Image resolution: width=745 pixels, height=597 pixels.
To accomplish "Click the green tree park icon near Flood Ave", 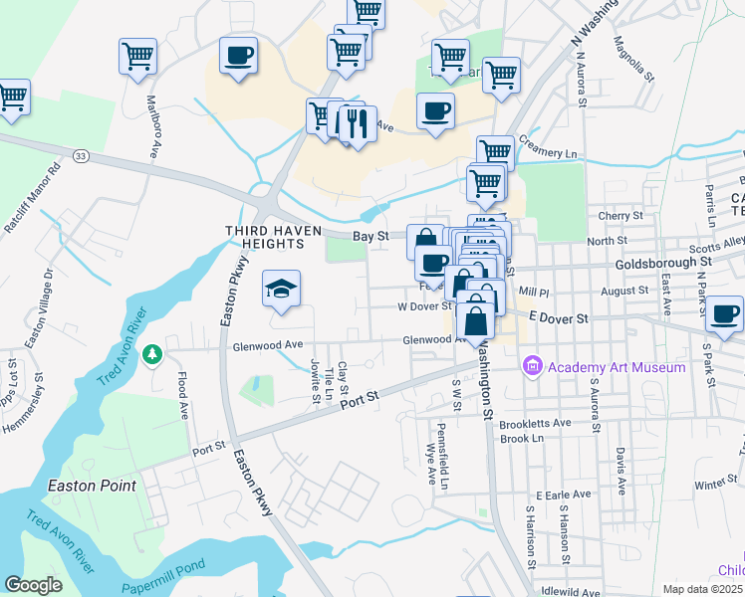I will coord(152,353).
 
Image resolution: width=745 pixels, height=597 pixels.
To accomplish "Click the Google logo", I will coord(33,584).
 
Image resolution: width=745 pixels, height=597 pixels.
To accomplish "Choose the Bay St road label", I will coord(372,236).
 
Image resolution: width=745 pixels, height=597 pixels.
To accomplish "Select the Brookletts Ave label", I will coord(536,422).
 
